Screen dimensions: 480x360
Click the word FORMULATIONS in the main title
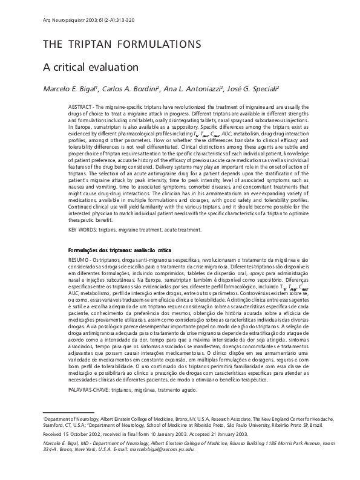[x=160, y=44]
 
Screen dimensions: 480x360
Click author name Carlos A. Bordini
[x=131, y=89]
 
